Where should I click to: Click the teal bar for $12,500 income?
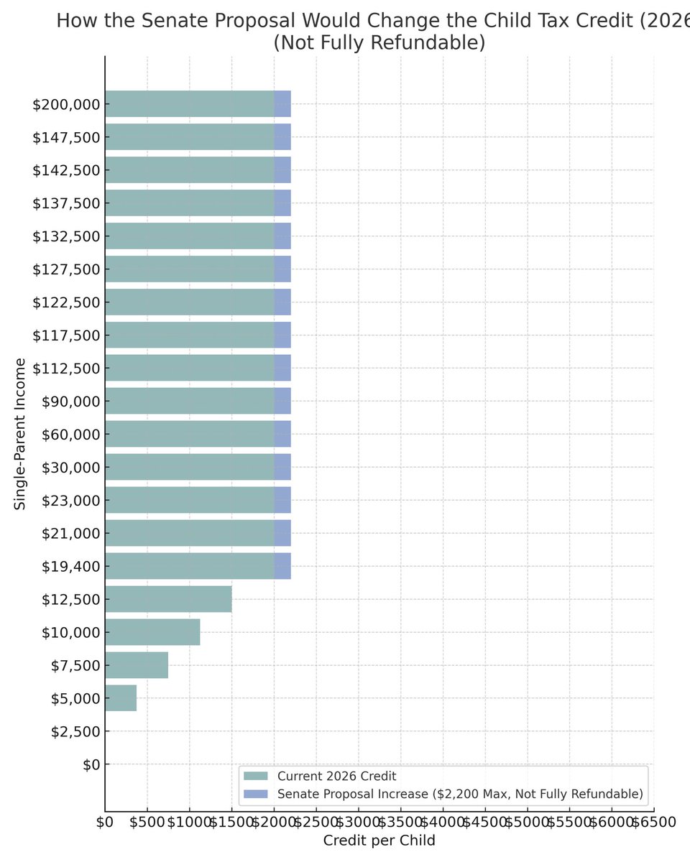point(168,599)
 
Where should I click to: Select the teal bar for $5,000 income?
point(121,698)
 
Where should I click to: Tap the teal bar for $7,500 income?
point(137,665)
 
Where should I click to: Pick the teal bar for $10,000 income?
point(152,632)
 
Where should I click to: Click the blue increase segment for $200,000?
point(282,104)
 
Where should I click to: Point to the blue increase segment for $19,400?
point(282,566)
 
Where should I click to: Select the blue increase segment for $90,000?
point(282,401)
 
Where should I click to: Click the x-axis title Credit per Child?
point(379,840)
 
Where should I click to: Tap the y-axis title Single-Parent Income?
point(20,434)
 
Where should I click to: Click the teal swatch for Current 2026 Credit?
point(256,777)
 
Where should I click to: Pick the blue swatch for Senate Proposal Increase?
point(256,794)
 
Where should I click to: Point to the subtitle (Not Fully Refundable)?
point(379,43)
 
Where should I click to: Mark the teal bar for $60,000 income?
point(189,434)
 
